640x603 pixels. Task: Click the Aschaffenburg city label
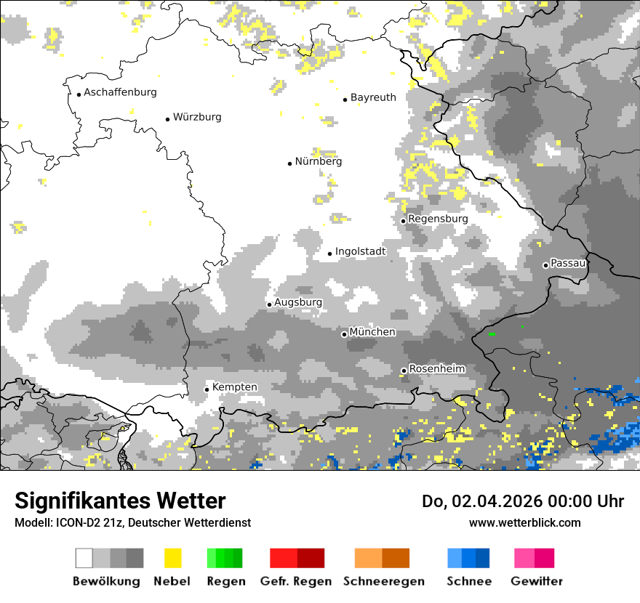tap(120, 92)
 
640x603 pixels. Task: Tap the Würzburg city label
tap(197, 117)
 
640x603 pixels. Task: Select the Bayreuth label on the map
tap(373, 97)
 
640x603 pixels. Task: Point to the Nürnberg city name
tap(318, 161)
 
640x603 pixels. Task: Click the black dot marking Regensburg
tap(404, 221)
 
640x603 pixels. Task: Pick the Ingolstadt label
tap(360, 251)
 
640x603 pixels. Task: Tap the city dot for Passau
tap(545, 265)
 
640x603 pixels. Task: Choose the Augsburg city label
tap(298, 302)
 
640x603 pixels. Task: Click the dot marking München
tap(344, 334)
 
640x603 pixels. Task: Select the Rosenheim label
tap(436, 369)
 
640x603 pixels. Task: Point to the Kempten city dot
tap(207, 389)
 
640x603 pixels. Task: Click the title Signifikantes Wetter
tap(120, 501)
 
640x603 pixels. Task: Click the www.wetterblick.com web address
tap(525, 522)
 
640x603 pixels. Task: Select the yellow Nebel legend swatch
tap(173, 558)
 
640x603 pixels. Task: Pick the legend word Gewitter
tap(537, 581)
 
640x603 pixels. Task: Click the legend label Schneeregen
tap(384, 581)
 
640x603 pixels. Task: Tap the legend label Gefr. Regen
tap(296, 581)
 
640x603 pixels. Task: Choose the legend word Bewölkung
tap(106, 581)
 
